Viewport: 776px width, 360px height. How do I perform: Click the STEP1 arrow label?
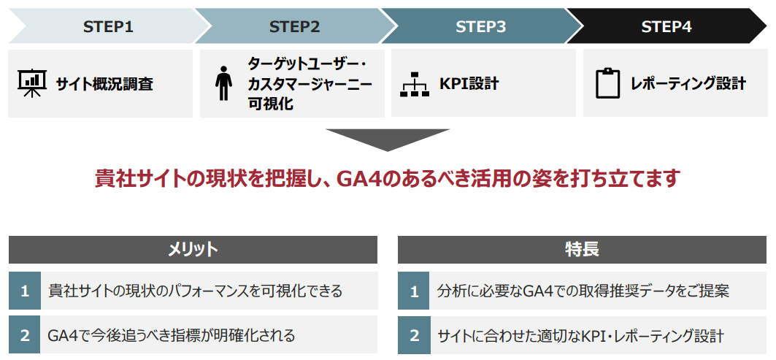point(108,27)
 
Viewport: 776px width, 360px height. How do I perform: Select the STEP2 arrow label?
point(295,27)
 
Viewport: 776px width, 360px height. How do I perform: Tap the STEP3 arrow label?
point(481,27)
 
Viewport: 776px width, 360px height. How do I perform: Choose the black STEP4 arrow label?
point(666,27)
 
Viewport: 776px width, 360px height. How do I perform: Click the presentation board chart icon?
point(32,83)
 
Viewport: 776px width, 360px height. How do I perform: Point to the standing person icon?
point(223,83)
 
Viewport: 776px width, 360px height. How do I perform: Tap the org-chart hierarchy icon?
point(415,84)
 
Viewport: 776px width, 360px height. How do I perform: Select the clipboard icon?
point(608,83)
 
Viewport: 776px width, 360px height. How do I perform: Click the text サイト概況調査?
point(104,84)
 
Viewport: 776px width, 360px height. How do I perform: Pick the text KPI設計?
point(469,83)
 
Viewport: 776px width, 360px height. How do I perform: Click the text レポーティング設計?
point(688,83)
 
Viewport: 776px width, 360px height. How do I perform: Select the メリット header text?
point(193,249)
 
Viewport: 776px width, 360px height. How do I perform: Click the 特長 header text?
point(582,249)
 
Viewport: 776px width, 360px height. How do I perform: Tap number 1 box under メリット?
point(25,291)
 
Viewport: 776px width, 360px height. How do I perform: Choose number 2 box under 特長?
point(414,335)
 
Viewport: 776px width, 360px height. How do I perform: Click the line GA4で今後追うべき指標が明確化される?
point(172,335)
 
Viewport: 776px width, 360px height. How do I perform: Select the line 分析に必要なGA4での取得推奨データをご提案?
point(583,291)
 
